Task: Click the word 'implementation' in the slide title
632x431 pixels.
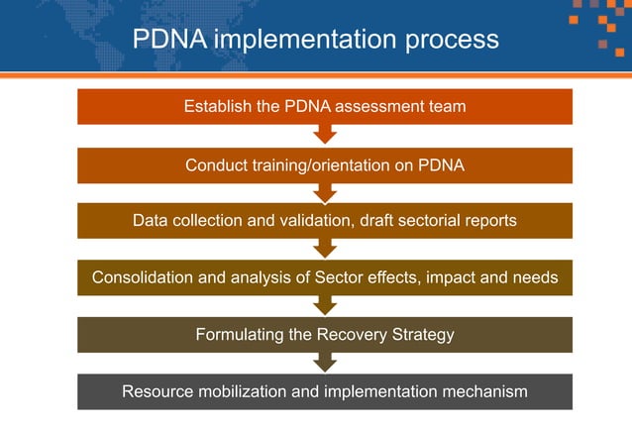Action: pos(297,40)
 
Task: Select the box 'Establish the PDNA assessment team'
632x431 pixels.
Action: pos(325,106)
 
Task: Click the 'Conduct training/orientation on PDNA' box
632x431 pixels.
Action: pos(325,165)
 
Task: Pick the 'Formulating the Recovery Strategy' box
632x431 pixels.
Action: pos(325,334)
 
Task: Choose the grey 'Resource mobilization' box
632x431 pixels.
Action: pos(325,391)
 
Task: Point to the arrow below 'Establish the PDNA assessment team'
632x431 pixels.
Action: pos(325,135)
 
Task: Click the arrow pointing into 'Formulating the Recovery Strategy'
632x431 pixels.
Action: pos(325,306)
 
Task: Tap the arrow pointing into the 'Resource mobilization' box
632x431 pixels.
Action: pos(325,364)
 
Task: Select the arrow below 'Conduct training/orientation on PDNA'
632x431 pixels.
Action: pos(325,192)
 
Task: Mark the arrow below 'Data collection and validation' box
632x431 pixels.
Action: pos(325,249)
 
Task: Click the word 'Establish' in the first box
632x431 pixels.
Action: pos(217,106)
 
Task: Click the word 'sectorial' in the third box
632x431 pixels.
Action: pos(431,220)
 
